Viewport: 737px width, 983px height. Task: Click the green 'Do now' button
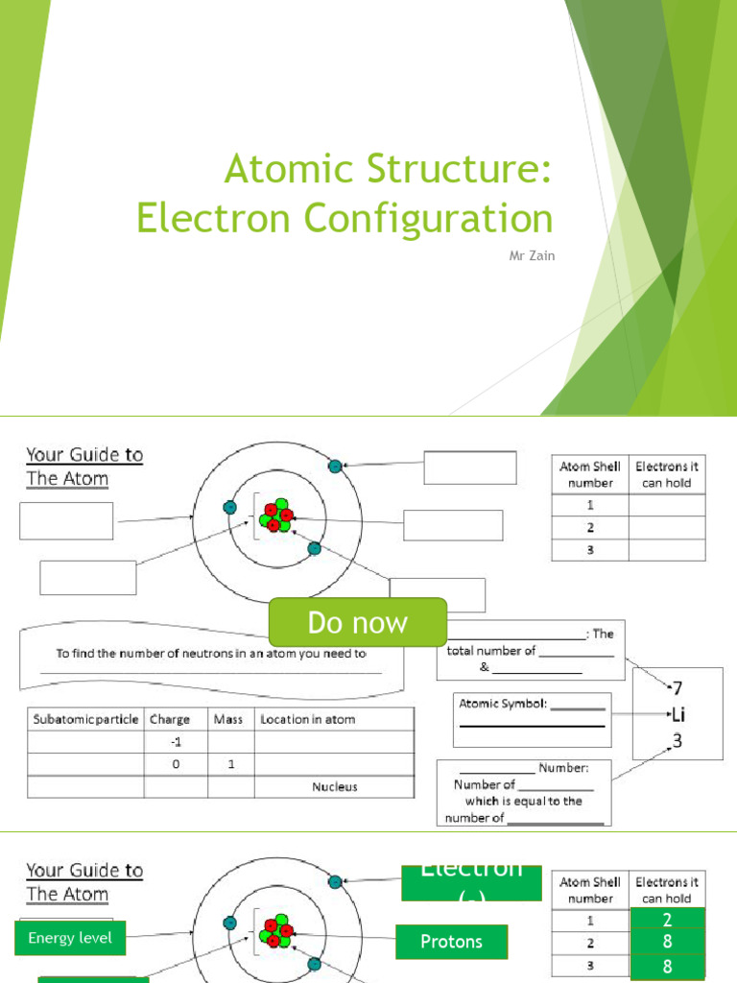[x=357, y=622]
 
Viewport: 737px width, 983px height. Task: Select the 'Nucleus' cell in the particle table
[x=334, y=786]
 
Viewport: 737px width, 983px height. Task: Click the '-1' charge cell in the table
[x=176, y=741]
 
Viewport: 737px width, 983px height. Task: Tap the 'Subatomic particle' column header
[x=86, y=719]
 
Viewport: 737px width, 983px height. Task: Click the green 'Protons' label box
[x=451, y=942]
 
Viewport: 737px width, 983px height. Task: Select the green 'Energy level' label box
[x=70, y=938]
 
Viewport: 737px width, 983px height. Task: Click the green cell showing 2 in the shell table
[x=667, y=920]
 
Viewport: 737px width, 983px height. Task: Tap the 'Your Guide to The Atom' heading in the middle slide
[x=84, y=466]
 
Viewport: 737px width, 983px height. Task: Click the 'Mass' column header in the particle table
[x=228, y=719]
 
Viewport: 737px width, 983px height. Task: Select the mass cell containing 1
[x=230, y=764]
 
